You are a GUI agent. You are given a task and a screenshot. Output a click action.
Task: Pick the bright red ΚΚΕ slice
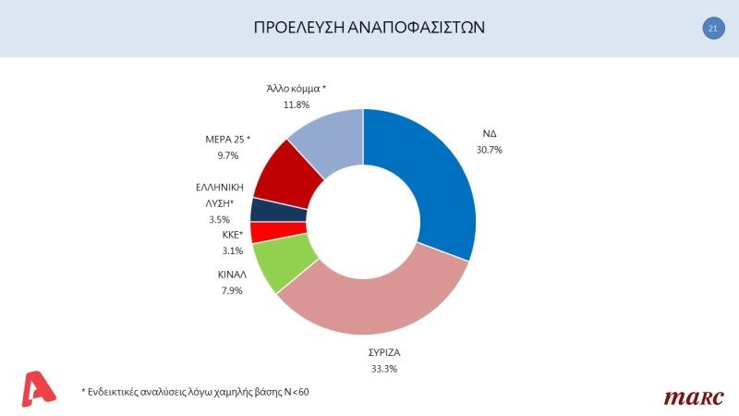(265, 231)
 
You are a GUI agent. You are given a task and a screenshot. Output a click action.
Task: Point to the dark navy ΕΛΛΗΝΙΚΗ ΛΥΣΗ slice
(266, 210)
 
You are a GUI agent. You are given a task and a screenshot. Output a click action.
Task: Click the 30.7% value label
(490, 149)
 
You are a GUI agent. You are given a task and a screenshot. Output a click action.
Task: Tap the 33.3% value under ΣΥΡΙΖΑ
(369, 369)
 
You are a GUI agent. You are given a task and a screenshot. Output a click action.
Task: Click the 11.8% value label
(296, 105)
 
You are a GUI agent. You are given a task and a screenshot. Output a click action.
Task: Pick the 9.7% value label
(227, 156)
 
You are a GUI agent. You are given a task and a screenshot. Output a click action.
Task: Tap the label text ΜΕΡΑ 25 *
(227, 140)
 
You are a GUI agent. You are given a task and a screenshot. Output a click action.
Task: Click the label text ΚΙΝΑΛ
(234, 275)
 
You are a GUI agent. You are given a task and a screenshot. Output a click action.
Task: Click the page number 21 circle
(713, 29)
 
